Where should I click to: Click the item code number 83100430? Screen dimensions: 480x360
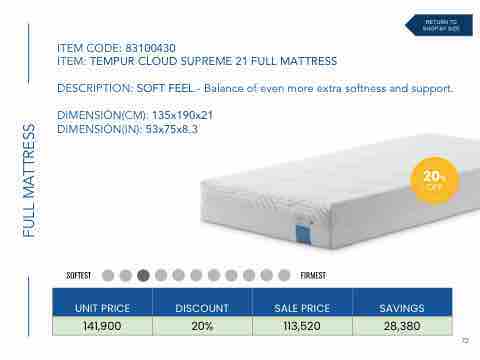point(150,48)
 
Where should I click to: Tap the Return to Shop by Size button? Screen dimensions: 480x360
point(439,25)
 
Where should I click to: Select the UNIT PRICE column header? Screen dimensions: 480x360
point(102,308)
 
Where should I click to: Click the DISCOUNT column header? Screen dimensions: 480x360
point(202,308)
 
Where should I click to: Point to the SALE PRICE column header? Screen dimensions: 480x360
point(302,308)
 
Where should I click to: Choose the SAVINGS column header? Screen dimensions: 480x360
point(402,308)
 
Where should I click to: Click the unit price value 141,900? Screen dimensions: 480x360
point(102,326)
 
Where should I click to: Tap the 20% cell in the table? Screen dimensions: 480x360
point(202,326)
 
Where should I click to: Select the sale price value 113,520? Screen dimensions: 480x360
point(302,326)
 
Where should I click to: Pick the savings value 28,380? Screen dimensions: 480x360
point(402,326)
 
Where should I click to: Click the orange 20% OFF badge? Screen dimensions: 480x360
point(434,180)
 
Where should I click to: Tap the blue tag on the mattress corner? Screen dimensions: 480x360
point(303,234)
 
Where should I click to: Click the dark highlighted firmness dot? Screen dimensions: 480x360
point(143,275)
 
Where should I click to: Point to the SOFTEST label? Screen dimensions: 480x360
point(79,276)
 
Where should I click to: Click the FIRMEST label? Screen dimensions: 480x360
point(313,276)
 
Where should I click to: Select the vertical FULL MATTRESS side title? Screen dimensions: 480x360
point(29,180)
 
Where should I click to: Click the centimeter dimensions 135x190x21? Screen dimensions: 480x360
point(182,115)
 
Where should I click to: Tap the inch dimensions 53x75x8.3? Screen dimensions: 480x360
point(172,129)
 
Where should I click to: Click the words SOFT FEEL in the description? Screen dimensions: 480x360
point(165,88)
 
